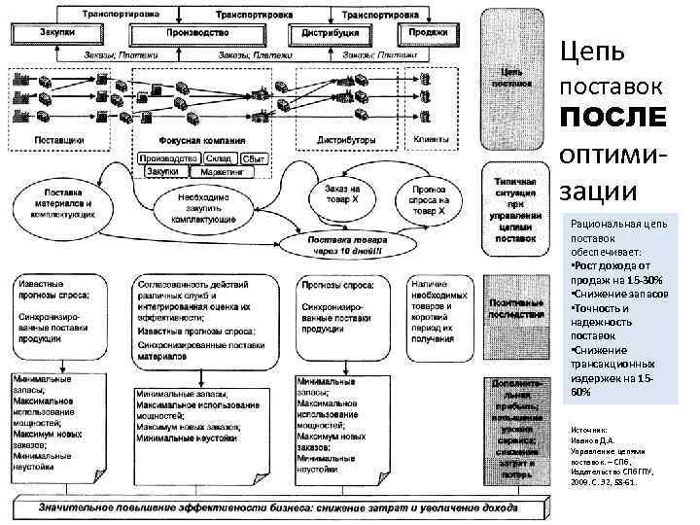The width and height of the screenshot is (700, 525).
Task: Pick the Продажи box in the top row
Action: point(428,33)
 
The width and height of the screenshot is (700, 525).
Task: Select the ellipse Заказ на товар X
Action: point(341,197)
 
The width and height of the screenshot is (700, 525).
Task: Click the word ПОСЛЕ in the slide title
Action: point(612,117)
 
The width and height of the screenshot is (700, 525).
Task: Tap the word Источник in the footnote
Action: point(589,429)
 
